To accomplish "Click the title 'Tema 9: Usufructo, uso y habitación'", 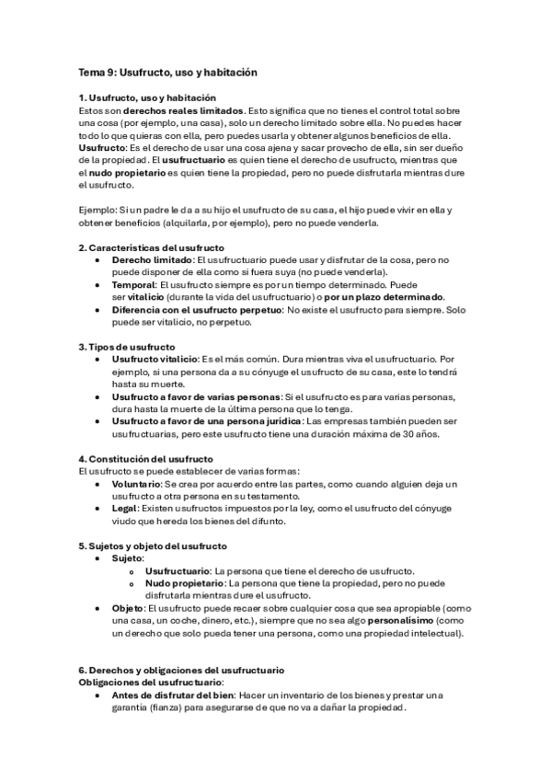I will click(166, 71).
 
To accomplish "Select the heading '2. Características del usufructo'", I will click(151, 247).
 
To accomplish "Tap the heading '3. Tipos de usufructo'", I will click(126, 346).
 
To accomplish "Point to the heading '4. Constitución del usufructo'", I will click(145, 458).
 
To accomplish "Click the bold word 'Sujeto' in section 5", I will click(126, 557).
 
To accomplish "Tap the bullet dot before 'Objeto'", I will click(98, 608).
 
